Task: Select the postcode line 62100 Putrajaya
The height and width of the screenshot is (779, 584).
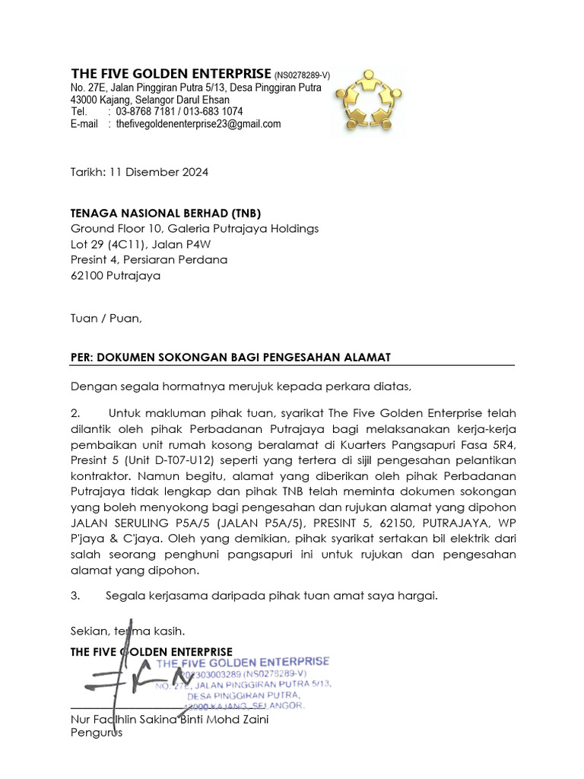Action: coord(116,275)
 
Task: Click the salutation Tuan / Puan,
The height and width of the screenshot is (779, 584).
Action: coord(106,318)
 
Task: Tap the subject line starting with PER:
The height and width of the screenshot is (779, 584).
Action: coord(230,358)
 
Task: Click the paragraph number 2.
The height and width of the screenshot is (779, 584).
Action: coord(75,413)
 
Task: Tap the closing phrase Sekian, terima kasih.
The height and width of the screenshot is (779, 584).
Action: coord(127,631)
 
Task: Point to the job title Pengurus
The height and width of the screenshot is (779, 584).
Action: coord(96,733)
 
